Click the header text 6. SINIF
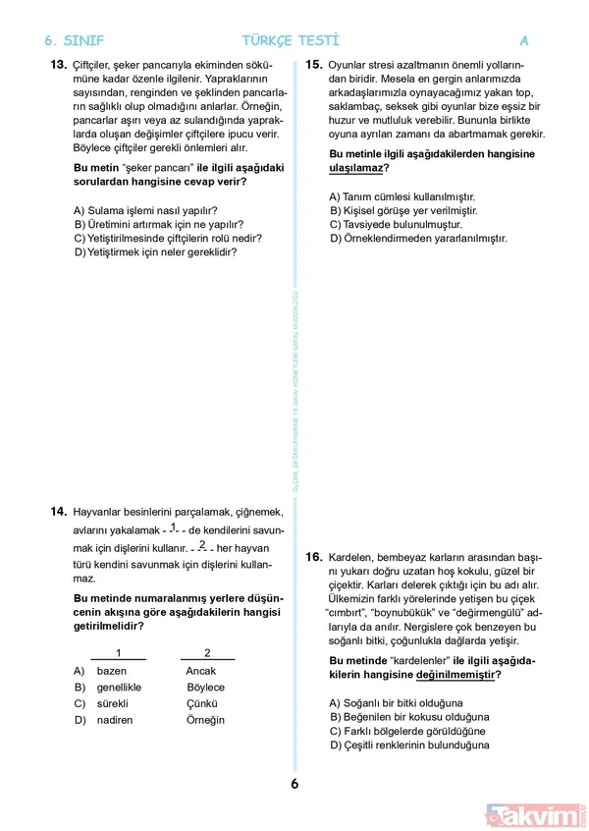click(75, 41)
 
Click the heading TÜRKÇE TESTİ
click(291, 41)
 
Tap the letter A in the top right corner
click(524, 41)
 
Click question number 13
click(56, 65)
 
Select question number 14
click(56, 511)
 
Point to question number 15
click(314, 65)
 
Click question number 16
click(314, 557)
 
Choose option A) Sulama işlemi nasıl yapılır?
click(145, 210)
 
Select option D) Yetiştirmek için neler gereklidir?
click(155, 251)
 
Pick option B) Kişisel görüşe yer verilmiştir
click(403, 210)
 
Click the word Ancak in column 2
click(200, 671)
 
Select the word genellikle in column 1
click(120, 688)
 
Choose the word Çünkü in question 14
click(200, 704)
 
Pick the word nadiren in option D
click(115, 720)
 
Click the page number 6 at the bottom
click(294, 784)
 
